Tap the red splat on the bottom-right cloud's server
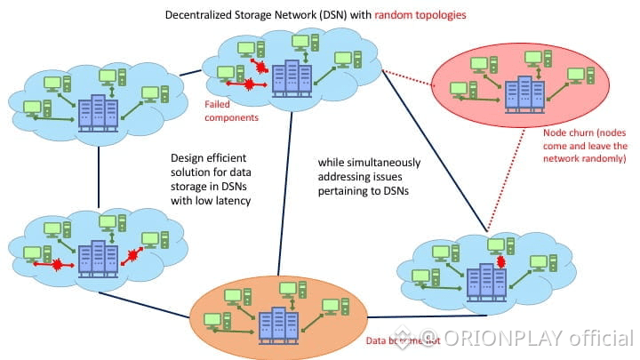pos(500,262)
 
